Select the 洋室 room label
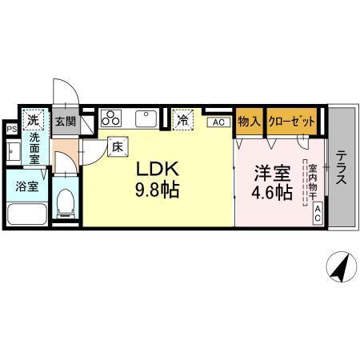(x=270, y=170)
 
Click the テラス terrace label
(x=342, y=168)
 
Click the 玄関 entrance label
(x=65, y=121)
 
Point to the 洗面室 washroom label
(x=36, y=149)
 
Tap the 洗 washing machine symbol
(x=34, y=120)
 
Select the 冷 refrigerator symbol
(x=183, y=120)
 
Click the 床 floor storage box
(x=116, y=147)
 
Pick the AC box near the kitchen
(x=217, y=122)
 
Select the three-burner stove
(x=111, y=118)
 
